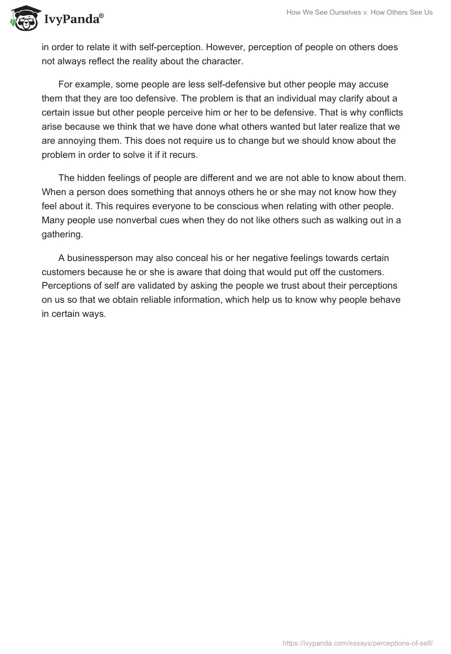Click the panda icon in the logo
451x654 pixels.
[22, 18]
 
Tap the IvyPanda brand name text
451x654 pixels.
[73, 20]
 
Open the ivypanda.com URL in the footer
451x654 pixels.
[357, 642]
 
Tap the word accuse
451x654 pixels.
[373, 84]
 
